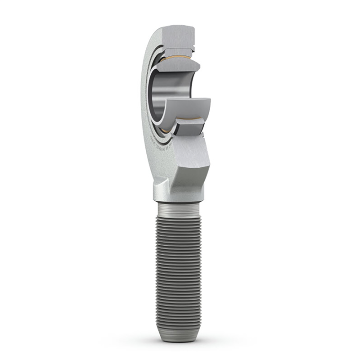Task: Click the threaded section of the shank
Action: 179,270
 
